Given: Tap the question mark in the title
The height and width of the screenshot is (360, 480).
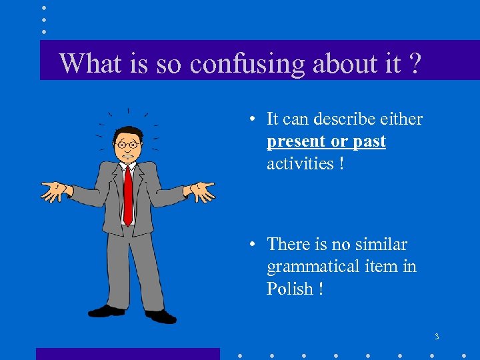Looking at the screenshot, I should (415, 64).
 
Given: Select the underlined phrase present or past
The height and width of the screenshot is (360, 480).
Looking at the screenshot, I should (326, 141).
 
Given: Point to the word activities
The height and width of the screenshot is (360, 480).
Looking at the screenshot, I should (300, 163).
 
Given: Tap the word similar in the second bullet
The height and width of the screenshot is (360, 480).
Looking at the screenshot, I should (381, 245).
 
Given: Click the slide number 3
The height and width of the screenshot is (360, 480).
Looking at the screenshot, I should (437, 337).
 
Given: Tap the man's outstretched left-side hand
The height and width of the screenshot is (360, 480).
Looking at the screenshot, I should (55, 191).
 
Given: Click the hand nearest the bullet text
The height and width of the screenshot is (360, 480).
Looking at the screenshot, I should (202, 191).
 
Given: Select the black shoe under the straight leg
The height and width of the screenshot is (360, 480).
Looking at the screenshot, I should (107, 311).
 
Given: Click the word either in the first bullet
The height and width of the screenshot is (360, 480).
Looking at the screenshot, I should (402, 119).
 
